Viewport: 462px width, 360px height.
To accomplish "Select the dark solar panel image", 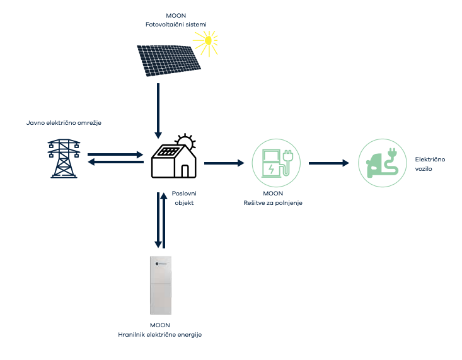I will coord(168,59).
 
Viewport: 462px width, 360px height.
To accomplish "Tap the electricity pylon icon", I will coord(64,158).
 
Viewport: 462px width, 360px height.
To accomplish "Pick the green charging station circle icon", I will coord(275,163).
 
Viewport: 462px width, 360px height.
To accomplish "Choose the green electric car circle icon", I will coord(381,163).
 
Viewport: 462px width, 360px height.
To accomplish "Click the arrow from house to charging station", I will coord(224,163).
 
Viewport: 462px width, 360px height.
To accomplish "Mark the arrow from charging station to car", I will coord(328,163).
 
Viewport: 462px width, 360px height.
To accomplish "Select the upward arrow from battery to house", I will coord(164,221).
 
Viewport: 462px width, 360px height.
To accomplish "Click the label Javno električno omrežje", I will coord(64,122).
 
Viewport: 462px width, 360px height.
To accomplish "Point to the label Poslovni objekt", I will coord(183,199).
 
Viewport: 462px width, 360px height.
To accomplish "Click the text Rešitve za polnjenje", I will coord(273,202).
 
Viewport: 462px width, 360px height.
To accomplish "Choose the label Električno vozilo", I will coord(430,165).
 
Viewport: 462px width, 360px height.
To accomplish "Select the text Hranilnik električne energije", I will coord(159,334).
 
